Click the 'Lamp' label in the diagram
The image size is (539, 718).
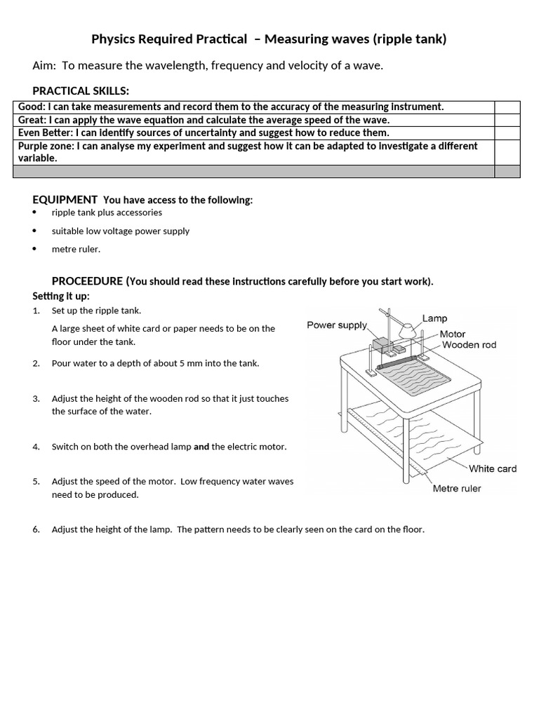(434, 318)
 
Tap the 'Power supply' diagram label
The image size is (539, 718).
(337, 325)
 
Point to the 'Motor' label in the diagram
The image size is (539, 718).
(453, 334)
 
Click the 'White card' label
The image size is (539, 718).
(492, 468)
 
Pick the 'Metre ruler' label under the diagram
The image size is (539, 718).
(457, 488)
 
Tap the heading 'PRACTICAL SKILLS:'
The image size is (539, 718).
(81, 90)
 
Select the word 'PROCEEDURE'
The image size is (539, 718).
(88, 281)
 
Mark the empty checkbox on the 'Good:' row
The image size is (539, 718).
(507, 107)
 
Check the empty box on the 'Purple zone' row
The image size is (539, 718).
(507, 152)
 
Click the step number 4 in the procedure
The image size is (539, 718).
(36, 447)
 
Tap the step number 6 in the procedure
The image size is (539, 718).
(36, 529)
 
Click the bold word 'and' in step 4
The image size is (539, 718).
(201, 447)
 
